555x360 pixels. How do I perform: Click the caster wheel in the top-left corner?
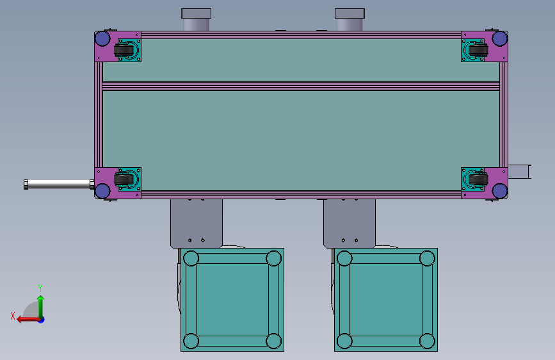[124, 50]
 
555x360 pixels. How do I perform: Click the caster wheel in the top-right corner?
[475, 50]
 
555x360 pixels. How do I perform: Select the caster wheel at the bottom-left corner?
[124, 180]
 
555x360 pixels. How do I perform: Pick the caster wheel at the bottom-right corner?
[475, 180]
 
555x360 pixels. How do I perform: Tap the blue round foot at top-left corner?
[102, 39]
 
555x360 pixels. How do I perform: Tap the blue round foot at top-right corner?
[500, 39]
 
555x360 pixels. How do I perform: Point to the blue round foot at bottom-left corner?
[102, 190]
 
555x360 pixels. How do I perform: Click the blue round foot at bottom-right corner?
[500, 190]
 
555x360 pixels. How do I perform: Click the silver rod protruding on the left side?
[58, 184]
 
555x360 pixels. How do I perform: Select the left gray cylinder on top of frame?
[196, 20]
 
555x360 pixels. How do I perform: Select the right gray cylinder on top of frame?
[350, 20]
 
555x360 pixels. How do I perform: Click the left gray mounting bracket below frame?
[196, 221]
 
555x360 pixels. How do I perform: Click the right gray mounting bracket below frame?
[349, 221]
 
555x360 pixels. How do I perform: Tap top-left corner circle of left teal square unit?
[191, 259]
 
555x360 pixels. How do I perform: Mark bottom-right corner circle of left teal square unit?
[274, 341]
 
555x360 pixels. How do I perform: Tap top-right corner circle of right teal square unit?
[428, 259]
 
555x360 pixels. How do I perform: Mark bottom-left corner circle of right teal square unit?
[344, 341]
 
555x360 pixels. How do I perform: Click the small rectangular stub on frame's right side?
[519, 172]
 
